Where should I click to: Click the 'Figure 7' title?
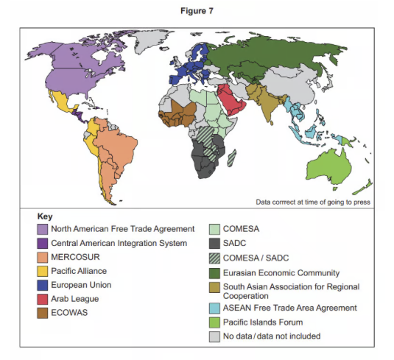tap(196, 11)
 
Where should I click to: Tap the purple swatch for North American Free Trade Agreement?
tap(42, 230)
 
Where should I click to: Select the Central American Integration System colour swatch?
tap(42, 244)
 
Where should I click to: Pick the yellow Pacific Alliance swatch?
tap(42, 272)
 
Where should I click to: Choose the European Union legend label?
tap(82, 286)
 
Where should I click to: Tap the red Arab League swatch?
tap(42, 300)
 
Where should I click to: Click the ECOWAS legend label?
tap(70, 313)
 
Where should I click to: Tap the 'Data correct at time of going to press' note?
tap(313, 202)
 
